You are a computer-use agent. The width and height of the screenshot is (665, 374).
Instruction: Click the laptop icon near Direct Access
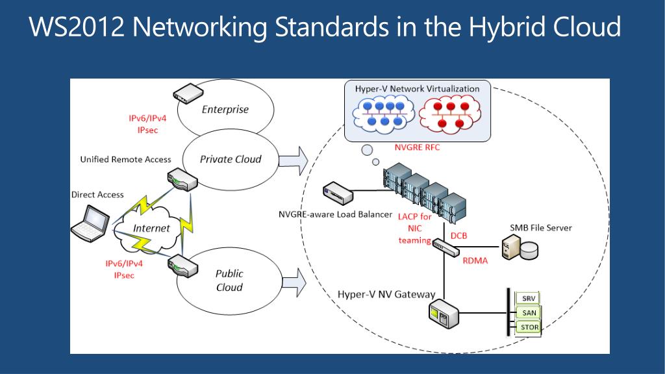(x=90, y=223)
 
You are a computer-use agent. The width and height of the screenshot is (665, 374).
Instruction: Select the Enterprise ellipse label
(x=225, y=109)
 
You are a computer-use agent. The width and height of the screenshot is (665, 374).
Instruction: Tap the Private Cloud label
(x=231, y=160)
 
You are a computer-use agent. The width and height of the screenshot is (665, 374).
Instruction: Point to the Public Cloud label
(x=229, y=280)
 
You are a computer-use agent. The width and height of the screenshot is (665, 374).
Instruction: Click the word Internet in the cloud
(x=151, y=228)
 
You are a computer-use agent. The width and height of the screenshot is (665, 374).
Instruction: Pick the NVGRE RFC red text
(x=418, y=147)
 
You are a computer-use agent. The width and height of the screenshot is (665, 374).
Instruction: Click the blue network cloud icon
(x=384, y=114)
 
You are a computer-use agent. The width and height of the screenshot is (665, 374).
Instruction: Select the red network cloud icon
(x=450, y=114)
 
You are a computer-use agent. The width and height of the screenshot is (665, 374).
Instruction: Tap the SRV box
(x=529, y=298)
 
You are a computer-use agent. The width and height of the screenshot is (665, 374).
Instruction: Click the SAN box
(x=529, y=312)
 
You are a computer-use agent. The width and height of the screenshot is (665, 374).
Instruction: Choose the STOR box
(x=529, y=327)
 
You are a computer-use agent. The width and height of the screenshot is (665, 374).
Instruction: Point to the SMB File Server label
(x=541, y=228)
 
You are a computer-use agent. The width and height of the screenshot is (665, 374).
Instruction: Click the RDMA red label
(x=475, y=261)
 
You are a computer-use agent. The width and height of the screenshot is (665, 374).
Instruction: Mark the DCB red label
(x=458, y=236)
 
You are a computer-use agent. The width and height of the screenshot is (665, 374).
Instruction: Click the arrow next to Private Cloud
(x=293, y=161)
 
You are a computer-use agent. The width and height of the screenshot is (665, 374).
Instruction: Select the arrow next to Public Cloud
(x=294, y=282)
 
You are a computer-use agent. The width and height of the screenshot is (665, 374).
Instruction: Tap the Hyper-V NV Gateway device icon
(x=443, y=314)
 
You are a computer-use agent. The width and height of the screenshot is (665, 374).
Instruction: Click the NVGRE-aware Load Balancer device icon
(x=338, y=193)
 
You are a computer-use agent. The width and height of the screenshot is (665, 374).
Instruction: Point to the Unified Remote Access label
(x=125, y=160)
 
